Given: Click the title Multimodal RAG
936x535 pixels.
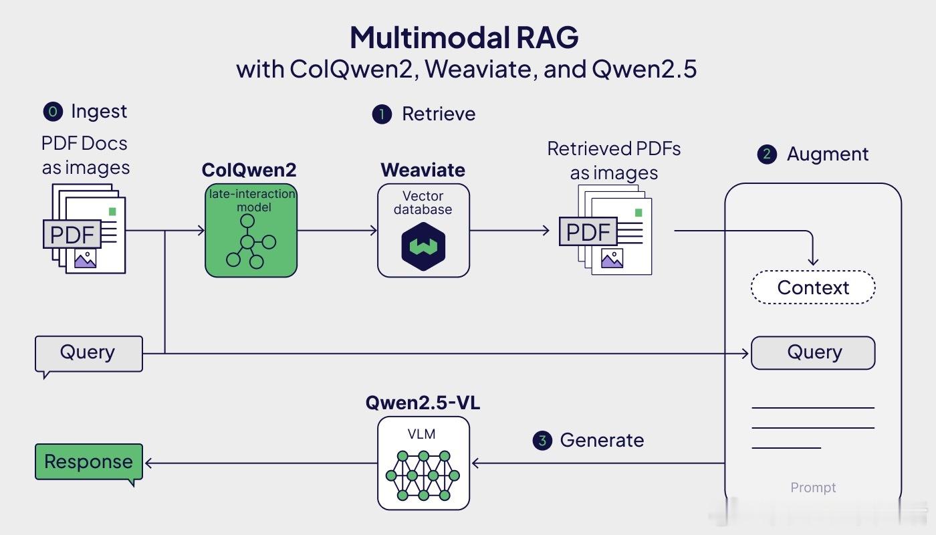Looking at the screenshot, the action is [464, 37].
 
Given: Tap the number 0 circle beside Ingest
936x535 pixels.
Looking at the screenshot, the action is [53, 112].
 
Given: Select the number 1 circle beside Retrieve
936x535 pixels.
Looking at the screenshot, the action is [382, 114].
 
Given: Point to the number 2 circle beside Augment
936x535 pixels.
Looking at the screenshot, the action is [768, 154].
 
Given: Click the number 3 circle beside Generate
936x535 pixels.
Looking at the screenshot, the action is [542, 440].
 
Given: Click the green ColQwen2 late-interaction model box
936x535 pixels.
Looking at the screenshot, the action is [251, 230].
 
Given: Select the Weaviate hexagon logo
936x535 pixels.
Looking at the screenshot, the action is [423, 247].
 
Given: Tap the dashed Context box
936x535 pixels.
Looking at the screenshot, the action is [813, 287].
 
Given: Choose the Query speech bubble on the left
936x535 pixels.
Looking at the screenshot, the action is [89, 354].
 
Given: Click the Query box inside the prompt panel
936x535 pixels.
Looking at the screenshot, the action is [813, 353].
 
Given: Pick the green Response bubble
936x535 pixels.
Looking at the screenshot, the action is [89, 461].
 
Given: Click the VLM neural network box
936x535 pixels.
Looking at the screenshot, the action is [423, 463].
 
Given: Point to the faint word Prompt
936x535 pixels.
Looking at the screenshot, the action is [813, 488].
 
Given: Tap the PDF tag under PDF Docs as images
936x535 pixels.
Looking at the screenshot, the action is [72, 234].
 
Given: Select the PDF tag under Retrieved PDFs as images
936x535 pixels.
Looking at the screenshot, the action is [588, 231].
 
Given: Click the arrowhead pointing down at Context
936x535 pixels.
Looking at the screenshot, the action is [813, 262].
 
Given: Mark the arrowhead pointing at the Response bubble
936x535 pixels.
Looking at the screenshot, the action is [148, 463].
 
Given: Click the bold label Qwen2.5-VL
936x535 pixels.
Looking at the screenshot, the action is [423, 403].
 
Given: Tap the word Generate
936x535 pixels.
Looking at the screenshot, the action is [602, 440].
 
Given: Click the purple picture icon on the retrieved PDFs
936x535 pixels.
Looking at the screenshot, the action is [612, 258].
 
